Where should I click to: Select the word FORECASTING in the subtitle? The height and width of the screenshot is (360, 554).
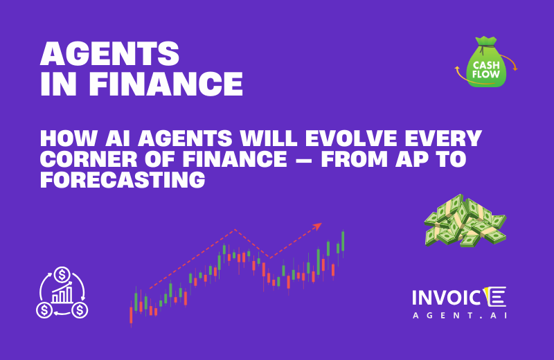[x=124, y=181]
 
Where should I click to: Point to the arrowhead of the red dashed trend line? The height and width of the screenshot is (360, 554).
[x=318, y=225]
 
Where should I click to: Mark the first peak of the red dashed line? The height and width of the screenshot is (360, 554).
[x=236, y=230]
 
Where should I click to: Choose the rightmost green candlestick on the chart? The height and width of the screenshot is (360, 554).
[x=343, y=241]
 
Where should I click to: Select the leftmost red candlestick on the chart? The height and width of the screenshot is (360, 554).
[x=131, y=315]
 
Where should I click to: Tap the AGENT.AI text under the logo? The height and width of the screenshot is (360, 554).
[x=458, y=314]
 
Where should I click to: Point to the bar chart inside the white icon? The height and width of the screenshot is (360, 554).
[x=62, y=296]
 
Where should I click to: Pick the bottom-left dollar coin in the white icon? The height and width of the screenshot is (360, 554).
[x=44, y=309]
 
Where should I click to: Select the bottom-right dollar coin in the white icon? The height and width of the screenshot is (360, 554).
[x=80, y=309]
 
